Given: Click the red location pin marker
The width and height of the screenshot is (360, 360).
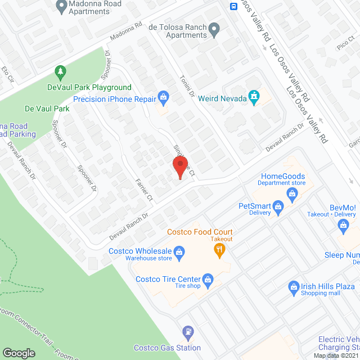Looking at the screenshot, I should coord(179,166).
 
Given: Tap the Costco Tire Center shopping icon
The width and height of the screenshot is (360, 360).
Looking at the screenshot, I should coord(208,279).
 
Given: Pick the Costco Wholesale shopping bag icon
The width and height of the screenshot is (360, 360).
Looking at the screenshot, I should coord(179,251).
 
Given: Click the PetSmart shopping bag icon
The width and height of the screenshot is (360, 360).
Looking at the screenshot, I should coord(277,209).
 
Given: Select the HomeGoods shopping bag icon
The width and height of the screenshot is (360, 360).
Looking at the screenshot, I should coord(292,194).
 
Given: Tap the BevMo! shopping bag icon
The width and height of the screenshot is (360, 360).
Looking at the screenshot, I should coord(344,226).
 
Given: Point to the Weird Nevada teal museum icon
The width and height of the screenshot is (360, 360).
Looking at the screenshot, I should coord(254,98).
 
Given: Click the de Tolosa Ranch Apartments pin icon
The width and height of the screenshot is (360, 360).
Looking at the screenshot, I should coord(214,29).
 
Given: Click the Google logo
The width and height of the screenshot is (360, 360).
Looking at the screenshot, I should coord(19,353).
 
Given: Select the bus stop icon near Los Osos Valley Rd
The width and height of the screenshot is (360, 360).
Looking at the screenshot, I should coord(233,6).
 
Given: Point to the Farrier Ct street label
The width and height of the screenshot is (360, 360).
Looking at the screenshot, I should coord(144,189).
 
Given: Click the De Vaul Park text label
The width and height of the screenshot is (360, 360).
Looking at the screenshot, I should coord(47,108).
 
